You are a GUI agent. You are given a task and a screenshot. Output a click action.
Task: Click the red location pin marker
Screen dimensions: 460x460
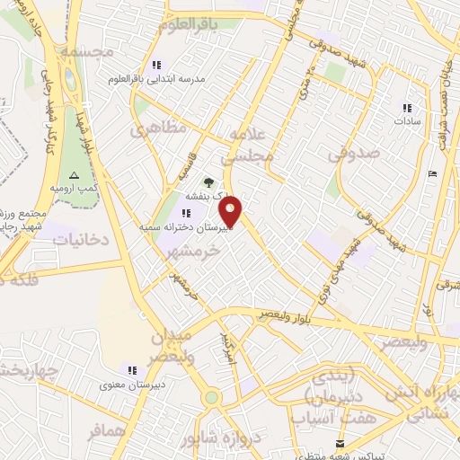point(231,212)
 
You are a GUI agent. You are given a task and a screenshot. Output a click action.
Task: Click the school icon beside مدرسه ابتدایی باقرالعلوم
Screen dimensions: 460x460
point(157,65)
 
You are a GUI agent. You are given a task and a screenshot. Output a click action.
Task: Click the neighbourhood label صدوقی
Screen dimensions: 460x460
point(353,154)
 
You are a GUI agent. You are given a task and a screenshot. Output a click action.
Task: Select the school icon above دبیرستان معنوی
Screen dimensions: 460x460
point(132,370)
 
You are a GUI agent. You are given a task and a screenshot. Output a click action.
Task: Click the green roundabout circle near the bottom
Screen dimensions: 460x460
point(211,396)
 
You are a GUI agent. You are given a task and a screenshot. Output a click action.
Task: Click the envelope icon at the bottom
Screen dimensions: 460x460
point(340,444)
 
